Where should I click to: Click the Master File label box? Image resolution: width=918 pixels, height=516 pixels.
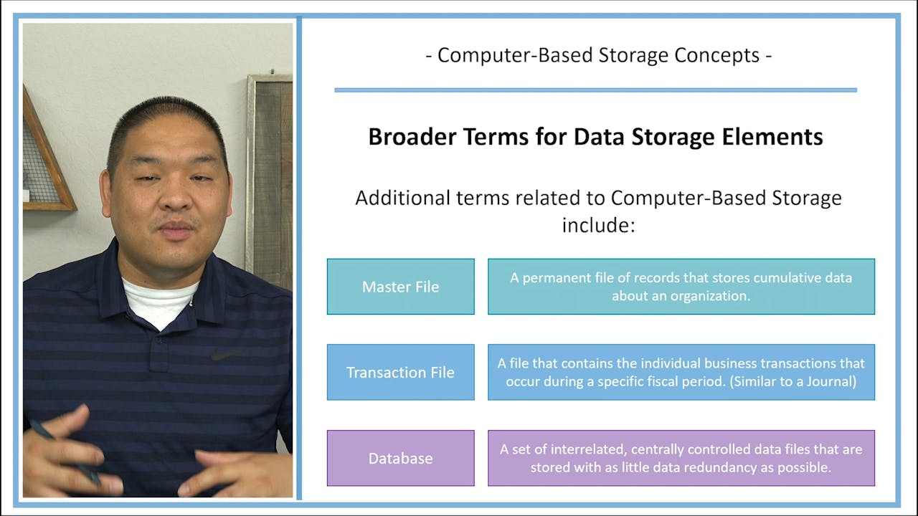400,287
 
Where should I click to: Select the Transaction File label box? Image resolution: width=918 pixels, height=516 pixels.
400,373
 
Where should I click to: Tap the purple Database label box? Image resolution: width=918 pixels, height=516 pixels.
400,459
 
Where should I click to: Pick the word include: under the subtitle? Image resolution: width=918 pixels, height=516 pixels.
599,225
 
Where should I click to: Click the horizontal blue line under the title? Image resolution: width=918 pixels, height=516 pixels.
595,90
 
